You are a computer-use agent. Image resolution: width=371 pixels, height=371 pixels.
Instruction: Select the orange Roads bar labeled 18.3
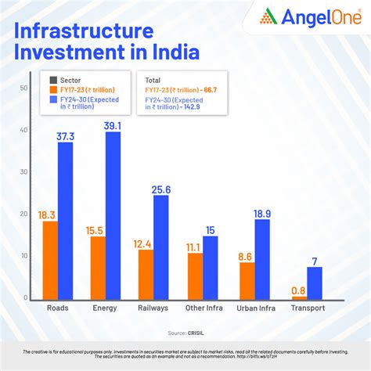click(49, 261)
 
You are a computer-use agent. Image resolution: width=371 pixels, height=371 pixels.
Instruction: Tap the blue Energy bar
click(113, 216)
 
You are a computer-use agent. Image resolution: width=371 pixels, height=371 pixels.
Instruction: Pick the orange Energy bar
click(98, 268)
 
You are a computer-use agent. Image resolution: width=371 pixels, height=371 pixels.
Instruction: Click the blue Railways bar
click(161, 247)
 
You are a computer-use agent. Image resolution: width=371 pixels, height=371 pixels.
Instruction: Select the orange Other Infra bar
click(195, 276)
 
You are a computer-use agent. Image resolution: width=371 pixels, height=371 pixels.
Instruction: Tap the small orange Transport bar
click(300, 298)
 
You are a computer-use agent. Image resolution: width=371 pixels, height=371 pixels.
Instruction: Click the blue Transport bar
click(314, 283)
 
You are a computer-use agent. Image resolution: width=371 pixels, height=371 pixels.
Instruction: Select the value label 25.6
click(162, 189)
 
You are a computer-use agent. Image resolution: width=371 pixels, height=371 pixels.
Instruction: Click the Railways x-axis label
click(153, 308)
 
